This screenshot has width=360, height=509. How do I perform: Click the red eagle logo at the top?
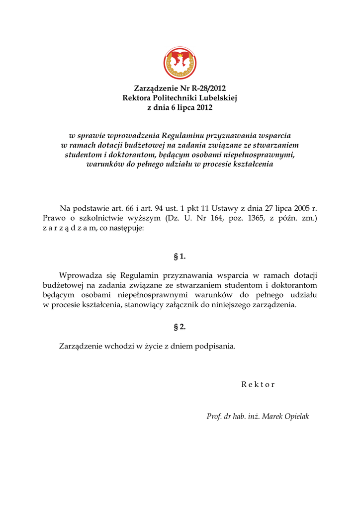(180, 63)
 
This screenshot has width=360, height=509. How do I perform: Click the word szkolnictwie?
(100, 218)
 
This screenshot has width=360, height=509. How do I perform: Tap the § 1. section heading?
(180, 256)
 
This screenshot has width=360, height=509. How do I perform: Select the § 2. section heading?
(180, 327)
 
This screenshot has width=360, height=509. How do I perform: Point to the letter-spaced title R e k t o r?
(258, 384)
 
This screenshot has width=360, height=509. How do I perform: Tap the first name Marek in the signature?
(272, 417)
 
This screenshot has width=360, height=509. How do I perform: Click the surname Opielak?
(297, 417)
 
